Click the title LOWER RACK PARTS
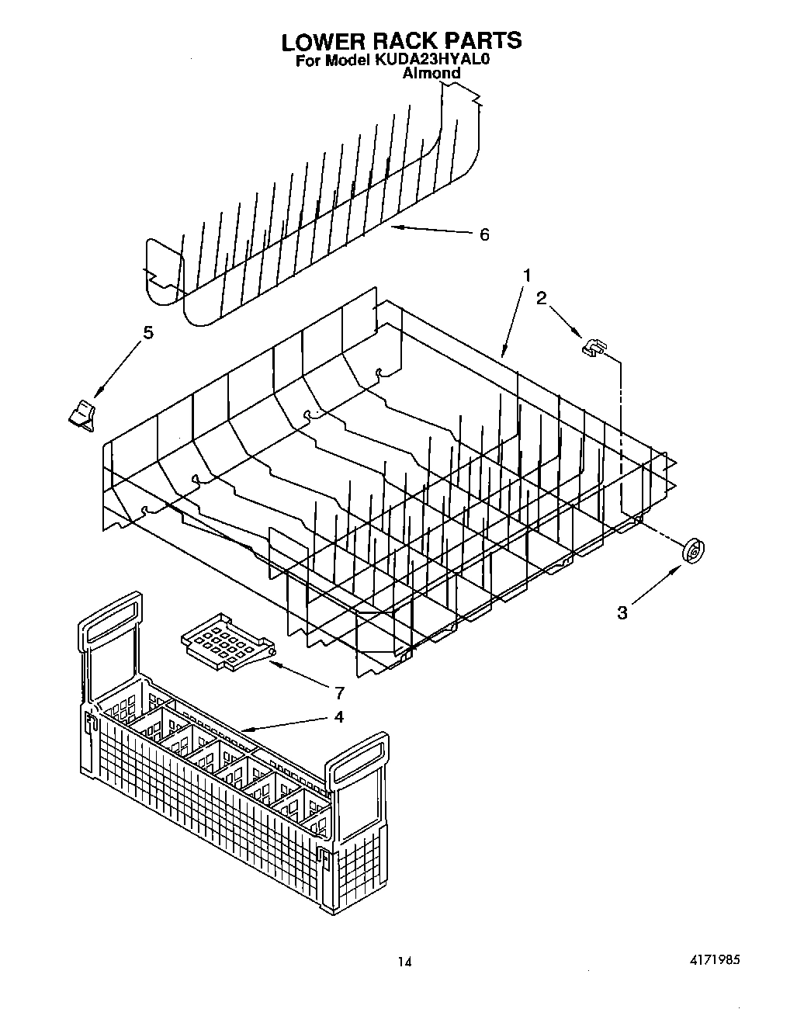400,40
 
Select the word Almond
431,74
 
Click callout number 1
527,276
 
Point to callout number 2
542,297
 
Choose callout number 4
338,716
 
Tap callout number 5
147,333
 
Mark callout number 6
484,234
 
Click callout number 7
338,693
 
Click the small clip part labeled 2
594,347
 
